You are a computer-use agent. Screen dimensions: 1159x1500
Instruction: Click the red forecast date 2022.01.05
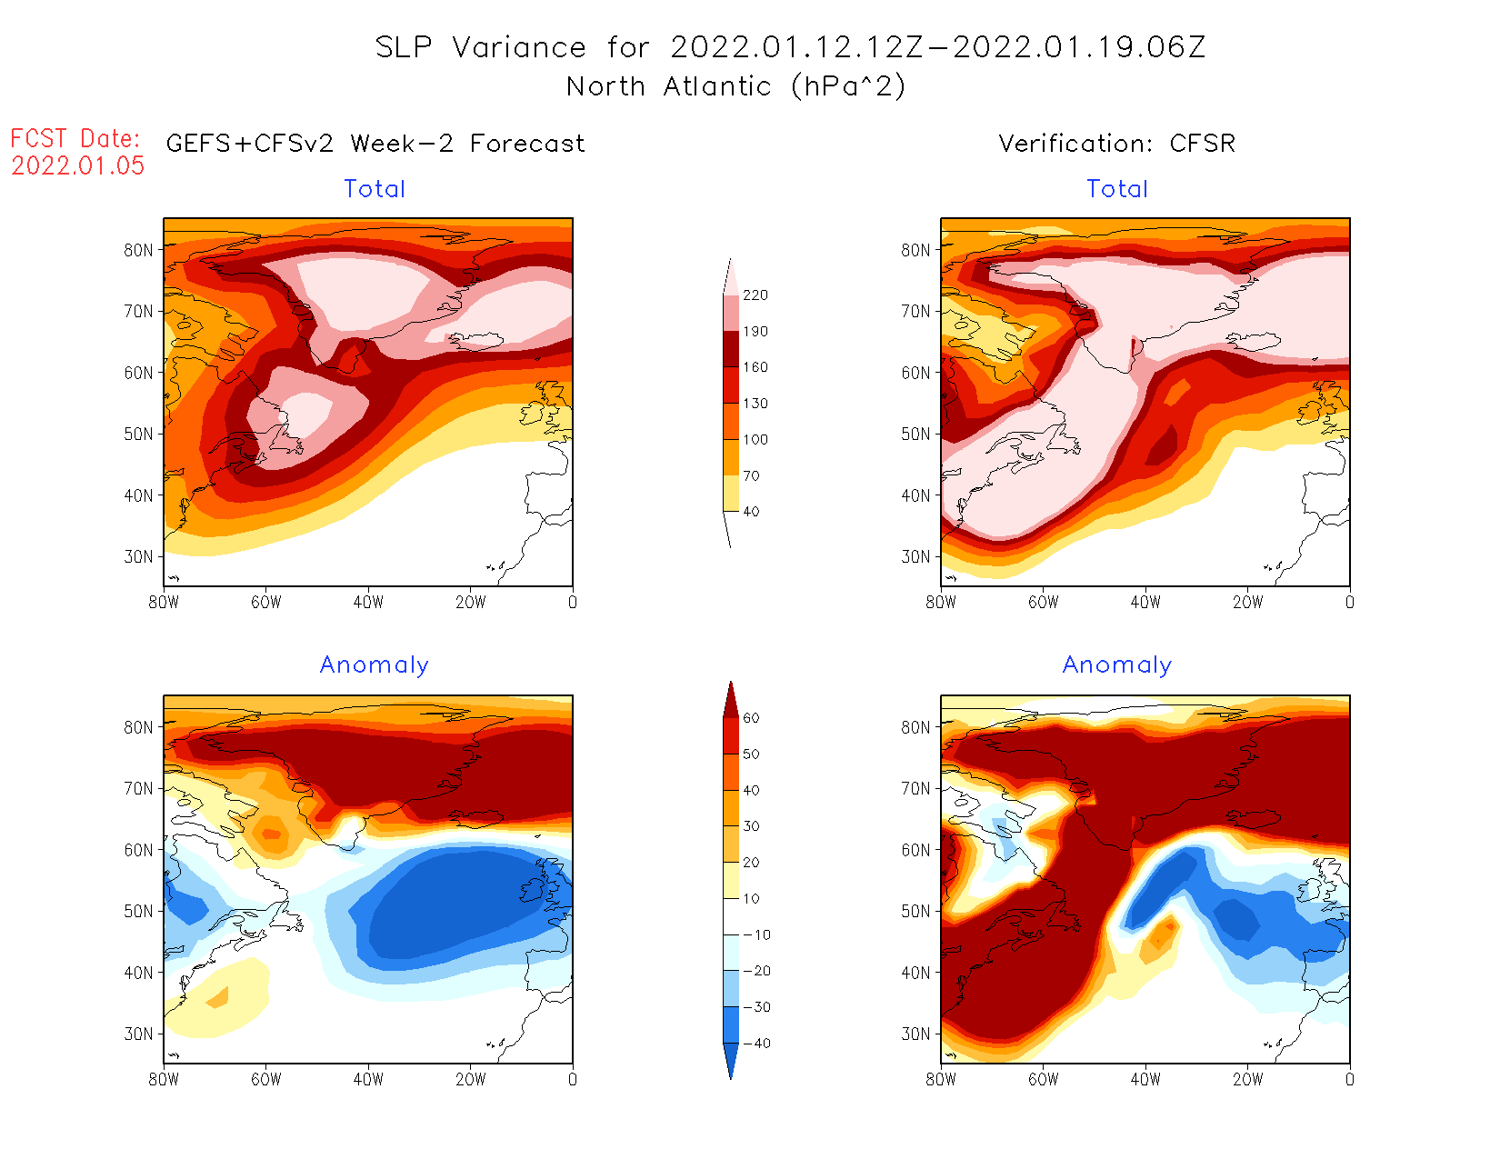click(x=78, y=165)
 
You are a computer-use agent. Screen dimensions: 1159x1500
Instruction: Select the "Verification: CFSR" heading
click(x=1116, y=144)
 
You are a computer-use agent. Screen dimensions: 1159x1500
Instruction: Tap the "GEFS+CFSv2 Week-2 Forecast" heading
click(x=375, y=144)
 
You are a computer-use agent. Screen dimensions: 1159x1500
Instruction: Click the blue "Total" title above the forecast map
click(x=375, y=189)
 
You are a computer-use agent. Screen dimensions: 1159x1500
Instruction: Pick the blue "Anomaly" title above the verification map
click(x=1116, y=665)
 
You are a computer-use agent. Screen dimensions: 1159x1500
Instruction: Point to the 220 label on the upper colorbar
click(x=755, y=295)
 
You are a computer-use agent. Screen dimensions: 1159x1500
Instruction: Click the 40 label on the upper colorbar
click(x=751, y=512)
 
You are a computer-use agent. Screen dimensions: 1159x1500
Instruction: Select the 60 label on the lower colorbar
click(x=751, y=718)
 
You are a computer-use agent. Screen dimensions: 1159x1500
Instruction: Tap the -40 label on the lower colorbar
click(x=755, y=1044)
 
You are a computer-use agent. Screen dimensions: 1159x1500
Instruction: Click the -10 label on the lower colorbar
click(x=755, y=934)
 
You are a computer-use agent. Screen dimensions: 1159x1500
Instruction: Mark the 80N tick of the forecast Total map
click(x=139, y=250)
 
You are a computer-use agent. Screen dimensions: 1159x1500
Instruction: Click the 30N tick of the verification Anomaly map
click(x=915, y=1034)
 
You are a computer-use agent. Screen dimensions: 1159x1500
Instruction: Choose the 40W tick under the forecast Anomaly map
click(x=368, y=1080)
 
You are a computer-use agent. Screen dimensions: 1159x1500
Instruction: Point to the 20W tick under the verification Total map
click(x=1247, y=603)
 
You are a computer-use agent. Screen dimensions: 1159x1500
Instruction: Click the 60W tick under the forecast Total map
click(x=266, y=603)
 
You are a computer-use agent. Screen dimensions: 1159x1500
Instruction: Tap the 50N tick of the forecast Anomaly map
click(x=139, y=911)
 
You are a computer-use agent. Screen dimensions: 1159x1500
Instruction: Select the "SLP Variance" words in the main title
click(x=481, y=47)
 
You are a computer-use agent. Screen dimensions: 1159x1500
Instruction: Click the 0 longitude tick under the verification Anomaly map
click(x=1349, y=1080)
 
